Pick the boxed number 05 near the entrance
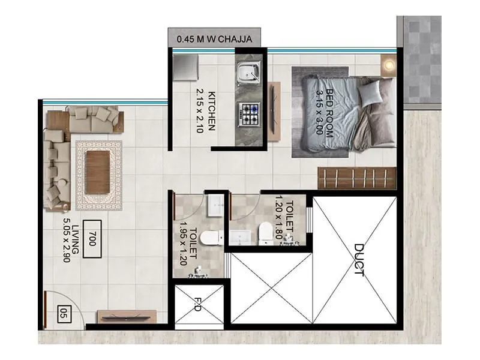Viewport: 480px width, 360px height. point(64,313)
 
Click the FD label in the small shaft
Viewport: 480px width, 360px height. point(197,305)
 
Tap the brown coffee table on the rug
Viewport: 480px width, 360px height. point(98,171)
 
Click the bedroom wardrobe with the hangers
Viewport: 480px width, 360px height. point(356,178)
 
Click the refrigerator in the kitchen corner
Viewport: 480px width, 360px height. point(187,70)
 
